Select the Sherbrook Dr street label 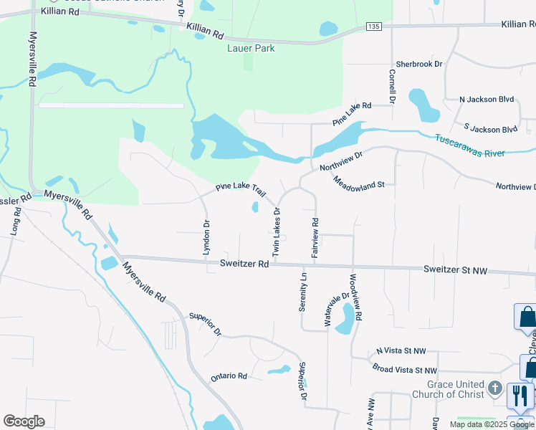pos(419,64)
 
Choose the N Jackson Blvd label pos(487,100)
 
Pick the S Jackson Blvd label pos(490,129)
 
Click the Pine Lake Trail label pos(241,190)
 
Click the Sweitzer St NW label pos(455,270)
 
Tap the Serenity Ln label pos(303,292)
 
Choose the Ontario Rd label pos(229,376)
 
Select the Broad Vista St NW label pos(404,370)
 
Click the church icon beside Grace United pos(495,389)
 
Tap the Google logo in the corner pos(24,421)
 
